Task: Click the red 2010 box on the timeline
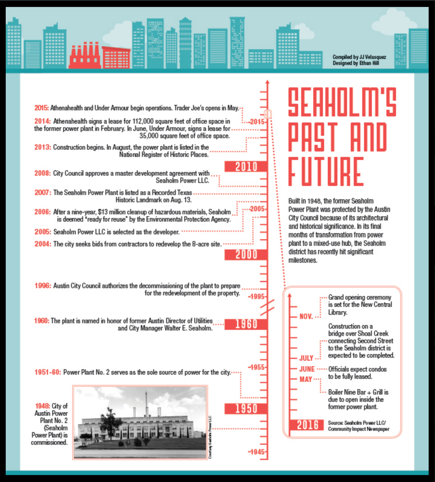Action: pos(246,167)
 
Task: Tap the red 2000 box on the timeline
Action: pos(246,255)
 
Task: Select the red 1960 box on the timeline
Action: pos(246,324)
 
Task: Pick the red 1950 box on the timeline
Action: pos(246,409)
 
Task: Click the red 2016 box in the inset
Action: pos(307,425)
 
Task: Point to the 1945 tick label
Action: pos(256,452)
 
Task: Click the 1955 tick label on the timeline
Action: pos(256,367)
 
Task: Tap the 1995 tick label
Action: pos(256,296)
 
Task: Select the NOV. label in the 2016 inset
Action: pos(306,317)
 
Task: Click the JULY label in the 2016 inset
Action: pos(306,358)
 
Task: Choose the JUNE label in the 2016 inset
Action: pos(307,369)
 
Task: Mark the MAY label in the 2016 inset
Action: pos(306,379)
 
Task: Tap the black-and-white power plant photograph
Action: pos(140,422)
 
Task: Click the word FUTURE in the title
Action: pos(326,171)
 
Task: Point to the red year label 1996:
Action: pos(43,286)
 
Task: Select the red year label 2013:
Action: pos(43,147)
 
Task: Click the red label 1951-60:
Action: pos(47,372)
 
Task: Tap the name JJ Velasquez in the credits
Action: pos(372,57)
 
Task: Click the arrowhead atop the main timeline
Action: pos(267,82)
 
